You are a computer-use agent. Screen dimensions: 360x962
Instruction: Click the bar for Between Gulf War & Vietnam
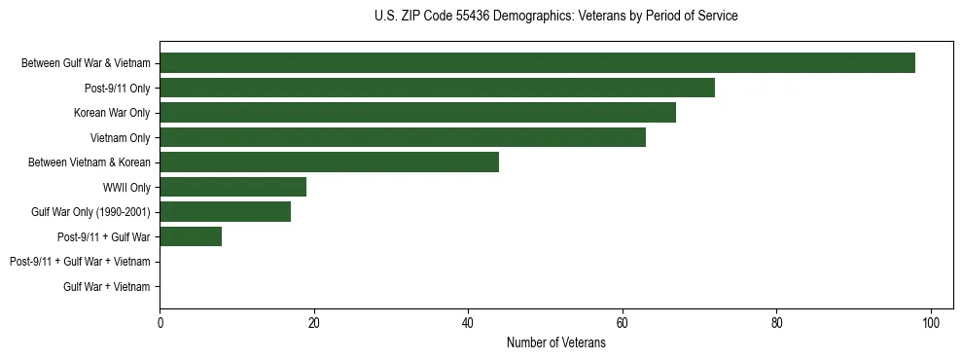click(x=537, y=63)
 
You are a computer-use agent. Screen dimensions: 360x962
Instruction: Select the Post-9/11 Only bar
click(x=437, y=88)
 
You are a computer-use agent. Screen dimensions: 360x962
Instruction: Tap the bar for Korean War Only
click(x=417, y=113)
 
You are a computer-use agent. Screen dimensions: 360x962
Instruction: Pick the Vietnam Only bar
click(x=402, y=137)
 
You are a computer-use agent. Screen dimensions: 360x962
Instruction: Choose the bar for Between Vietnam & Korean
click(x=329, y=162)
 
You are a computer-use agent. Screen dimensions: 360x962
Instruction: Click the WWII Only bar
click(x=232, y=187)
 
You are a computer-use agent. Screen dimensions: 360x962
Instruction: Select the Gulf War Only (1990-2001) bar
click(x=225, y=212)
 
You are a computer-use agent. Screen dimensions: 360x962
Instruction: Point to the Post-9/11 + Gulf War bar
click(x=191, y=236)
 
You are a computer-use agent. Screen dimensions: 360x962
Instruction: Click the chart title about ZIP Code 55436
click(x=555, y=17)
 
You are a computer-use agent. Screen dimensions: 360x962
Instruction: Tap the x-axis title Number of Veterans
click(x=555, y=342)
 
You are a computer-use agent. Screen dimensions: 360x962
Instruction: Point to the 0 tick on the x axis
click(x=160, y=322)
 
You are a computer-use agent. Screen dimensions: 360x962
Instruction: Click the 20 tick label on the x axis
click(x=314, y=322)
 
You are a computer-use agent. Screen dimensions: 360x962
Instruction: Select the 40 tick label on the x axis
click(x=468, y=322)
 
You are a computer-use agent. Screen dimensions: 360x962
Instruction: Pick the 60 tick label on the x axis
click(x=623, y=322)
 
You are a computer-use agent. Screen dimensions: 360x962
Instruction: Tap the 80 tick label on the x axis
click(x=776, y=322)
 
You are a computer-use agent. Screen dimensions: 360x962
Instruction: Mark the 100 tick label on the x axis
click(x=931, y=322)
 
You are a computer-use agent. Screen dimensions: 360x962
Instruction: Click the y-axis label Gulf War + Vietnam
click(x=106, y=287)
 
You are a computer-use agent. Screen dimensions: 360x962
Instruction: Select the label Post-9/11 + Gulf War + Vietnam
click(x=80, y=262)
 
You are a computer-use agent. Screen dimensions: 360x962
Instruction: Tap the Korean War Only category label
click(x=112, y=113)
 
